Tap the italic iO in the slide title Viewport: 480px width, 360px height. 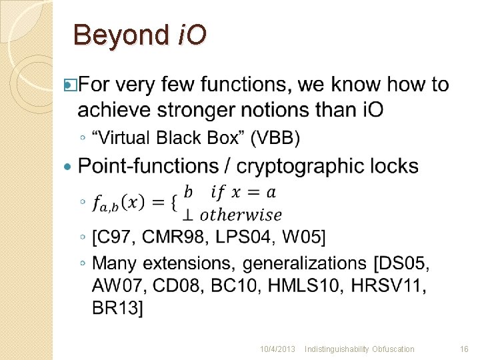click(x=191, y=35)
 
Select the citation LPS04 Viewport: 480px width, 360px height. click(x=247, y=237)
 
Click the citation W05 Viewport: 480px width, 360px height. click(x=309, y=237)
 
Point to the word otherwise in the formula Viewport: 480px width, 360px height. click(x=241, y=215)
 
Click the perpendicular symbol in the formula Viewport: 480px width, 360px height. click(x=188, y=215)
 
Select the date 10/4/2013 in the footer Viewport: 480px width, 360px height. click(x=277, y=349)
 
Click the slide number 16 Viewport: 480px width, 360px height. click(x=465, y=349)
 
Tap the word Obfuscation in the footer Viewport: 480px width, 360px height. click(x=393, y=349)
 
